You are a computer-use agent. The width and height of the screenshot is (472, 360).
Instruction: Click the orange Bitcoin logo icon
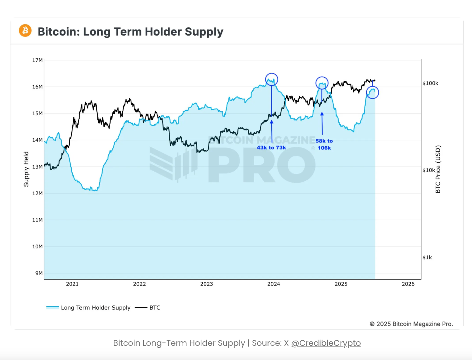(x=25, y=31)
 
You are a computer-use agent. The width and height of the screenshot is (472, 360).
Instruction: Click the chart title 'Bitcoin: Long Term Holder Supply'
(x=130, y=32)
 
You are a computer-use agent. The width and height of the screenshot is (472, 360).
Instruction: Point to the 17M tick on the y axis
(x=37, y=60)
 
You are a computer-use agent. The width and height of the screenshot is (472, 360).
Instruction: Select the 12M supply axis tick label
(x=37, y=194)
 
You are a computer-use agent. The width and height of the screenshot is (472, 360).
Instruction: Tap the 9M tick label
(x=39, y=273)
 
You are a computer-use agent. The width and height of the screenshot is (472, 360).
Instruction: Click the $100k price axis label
(x=430, y=83)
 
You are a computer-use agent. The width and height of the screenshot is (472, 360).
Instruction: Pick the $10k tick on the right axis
(x=429, y=170)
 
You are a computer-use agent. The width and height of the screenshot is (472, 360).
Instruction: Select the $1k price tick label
(x=427, y=257)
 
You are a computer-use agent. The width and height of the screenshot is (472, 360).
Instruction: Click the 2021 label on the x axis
(x=72, y=284)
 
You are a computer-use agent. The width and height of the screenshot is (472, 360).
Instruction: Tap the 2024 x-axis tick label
(x=274, y=284)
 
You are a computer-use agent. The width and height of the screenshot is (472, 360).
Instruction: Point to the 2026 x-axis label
(x=408, y=284)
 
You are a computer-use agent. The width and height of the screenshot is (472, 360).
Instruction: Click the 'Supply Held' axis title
(x=26, y=169)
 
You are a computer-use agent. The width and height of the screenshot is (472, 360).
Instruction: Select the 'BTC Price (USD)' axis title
(x=438, y=169)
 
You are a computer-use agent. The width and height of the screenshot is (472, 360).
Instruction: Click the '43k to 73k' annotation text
(x=271, y=148)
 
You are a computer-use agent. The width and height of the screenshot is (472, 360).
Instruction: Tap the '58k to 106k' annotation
(x=324, y=144)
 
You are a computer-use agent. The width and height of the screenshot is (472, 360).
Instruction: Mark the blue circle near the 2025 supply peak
(x=373, y=92)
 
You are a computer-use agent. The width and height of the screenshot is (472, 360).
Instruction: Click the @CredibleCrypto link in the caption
(x=326, y=343)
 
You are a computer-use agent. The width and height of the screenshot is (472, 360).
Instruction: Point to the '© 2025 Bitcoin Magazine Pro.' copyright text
(x=411, y=324)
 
